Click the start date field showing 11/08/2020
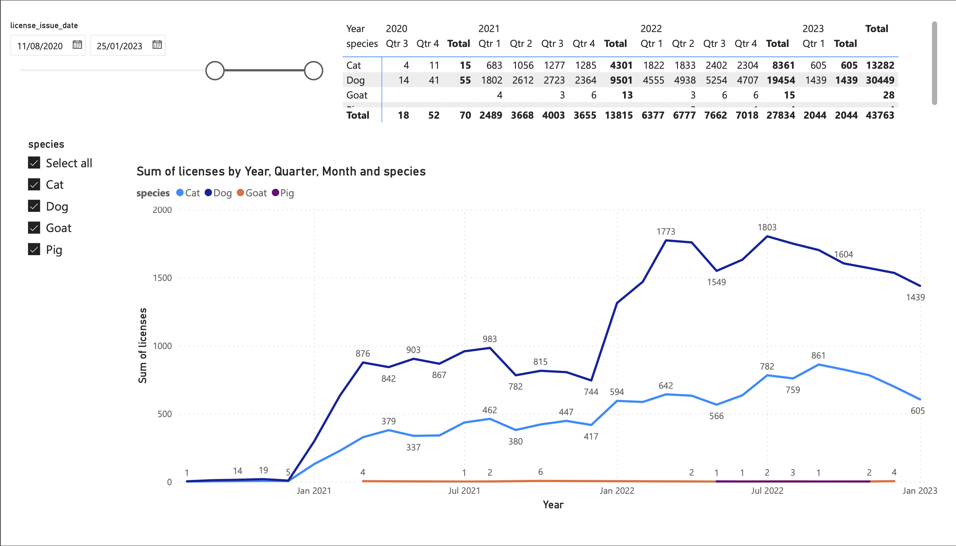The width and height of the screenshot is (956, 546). click(x=40, y=46)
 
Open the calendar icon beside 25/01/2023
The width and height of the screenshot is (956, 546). click(x=157, y=45)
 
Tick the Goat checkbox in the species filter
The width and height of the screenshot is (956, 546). click(x=34, y=228)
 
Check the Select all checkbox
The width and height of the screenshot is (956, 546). click(x=34, y=163)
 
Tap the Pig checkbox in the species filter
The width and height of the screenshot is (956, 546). click(x=34, y=250)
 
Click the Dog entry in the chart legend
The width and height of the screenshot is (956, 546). click(x=218, y=193)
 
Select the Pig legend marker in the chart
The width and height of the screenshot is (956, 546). click(x=276, y=193)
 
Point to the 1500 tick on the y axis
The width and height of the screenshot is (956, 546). click(x=162, y=278)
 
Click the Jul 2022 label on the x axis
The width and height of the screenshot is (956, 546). click(x=767, y=490)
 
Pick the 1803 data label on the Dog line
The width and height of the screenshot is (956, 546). click(x=767, y=227)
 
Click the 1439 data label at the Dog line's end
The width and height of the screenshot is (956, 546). click(x=915, y=297)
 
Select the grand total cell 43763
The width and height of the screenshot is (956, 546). click(x=880, y=115)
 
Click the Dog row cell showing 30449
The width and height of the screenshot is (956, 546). click(x=880, y=80)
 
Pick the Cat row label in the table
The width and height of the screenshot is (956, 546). click(x=354, y=65)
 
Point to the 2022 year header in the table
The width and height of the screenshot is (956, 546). click(x=651, y=28)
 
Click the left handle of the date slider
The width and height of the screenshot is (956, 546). click(x=215, y=70)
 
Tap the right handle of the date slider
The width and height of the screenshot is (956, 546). click(x=313, y=70)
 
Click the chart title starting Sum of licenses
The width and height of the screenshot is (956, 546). click(x=281, y=172)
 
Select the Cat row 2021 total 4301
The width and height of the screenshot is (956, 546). click(x=621, y=65)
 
